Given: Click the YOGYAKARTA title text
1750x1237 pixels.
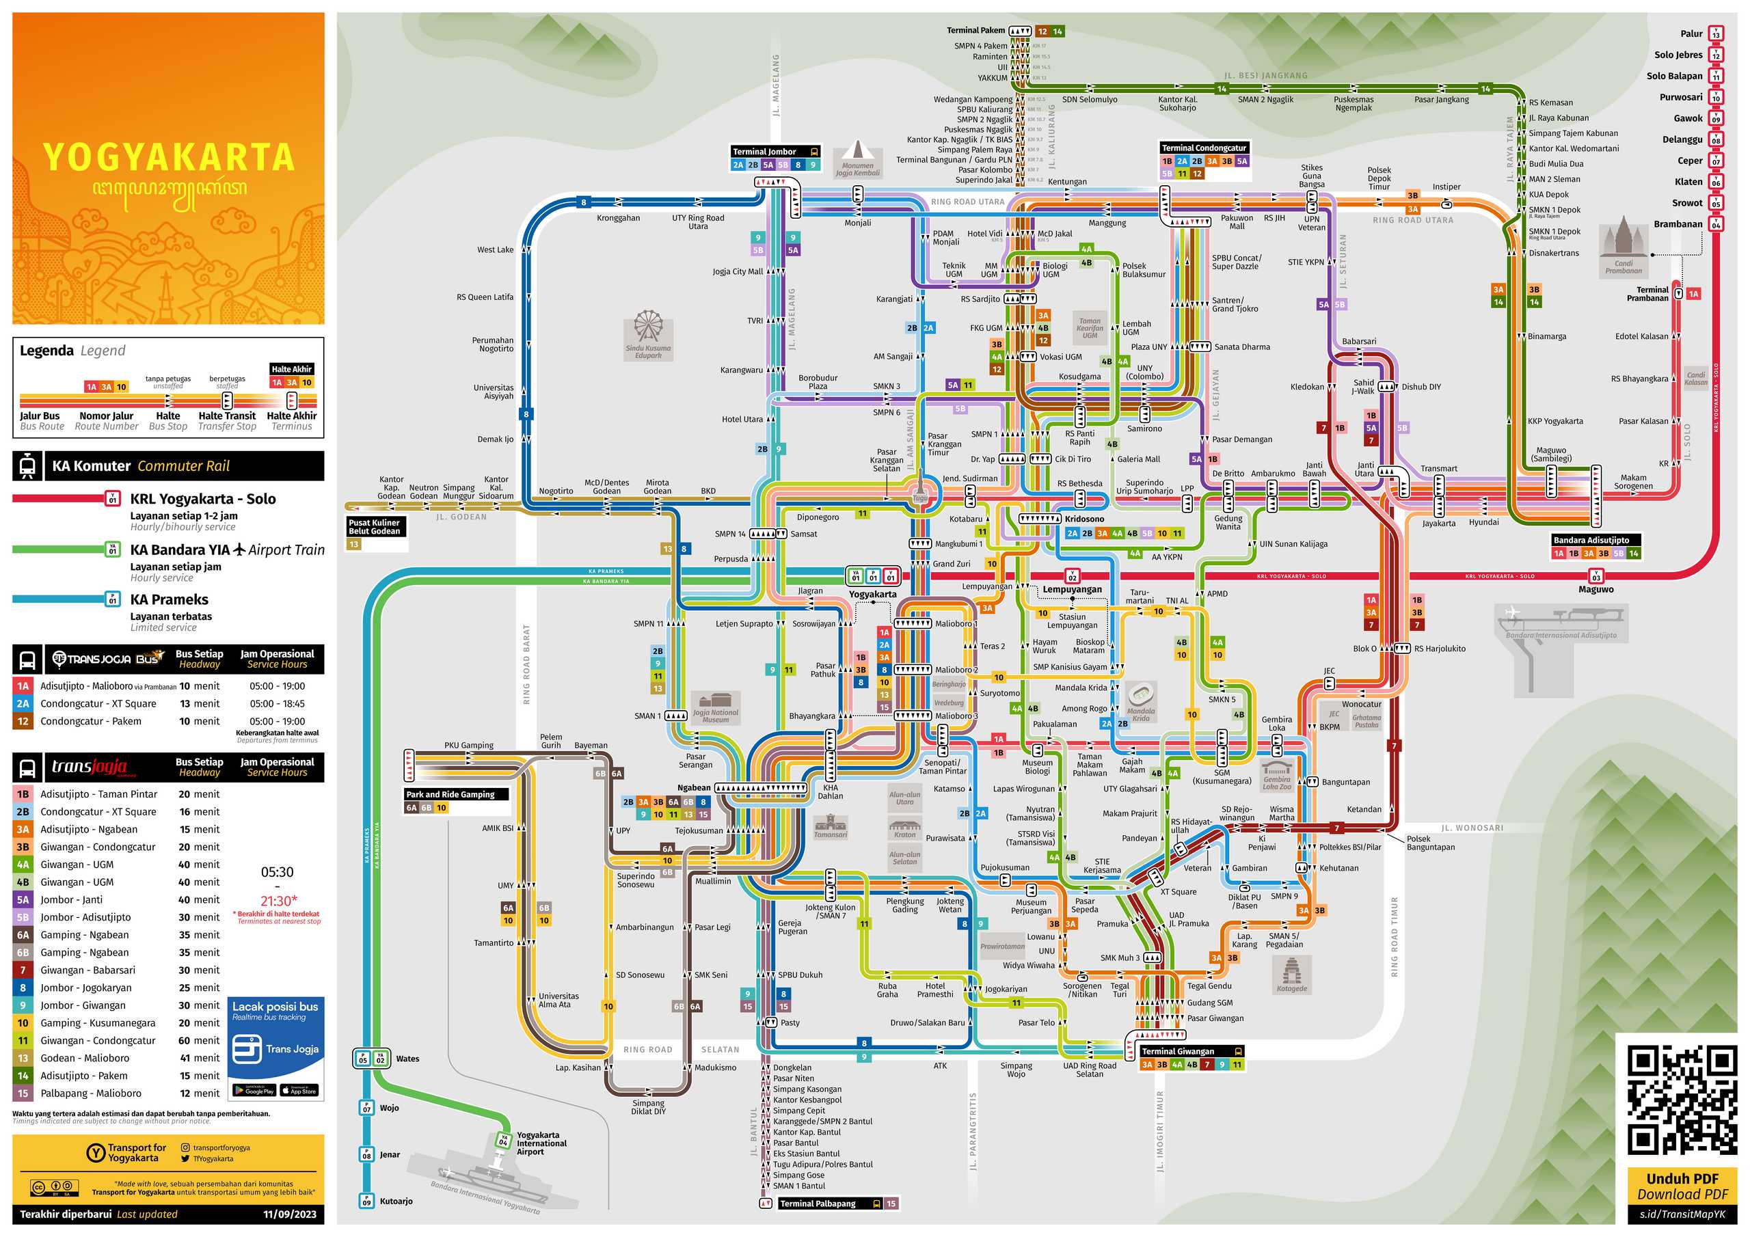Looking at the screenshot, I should pos(168,157).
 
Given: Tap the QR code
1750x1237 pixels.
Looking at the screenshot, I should pos(1682,1100).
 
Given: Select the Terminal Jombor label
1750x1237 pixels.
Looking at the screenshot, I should pos(764,152).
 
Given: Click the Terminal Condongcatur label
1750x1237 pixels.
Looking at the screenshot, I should pos(1204,148).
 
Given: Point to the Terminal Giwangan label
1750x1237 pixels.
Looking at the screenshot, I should pos(1179,1051).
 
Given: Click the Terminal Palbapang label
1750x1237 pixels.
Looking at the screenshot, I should pos(818,1204).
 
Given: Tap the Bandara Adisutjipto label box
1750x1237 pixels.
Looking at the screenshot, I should pos(1591,540).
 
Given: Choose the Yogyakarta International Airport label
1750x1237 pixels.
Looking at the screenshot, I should pos(542,1143).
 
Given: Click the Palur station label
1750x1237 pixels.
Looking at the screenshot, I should pos(1691,33).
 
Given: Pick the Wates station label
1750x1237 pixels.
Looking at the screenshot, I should pos(408,1059).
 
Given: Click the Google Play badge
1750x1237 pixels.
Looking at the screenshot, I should pos(254,1091).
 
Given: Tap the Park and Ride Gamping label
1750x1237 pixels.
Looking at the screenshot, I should pos(450,794).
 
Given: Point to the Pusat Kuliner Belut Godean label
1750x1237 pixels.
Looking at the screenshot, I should pos(374,527).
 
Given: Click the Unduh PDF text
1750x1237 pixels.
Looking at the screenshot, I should pos(1682,1178).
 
